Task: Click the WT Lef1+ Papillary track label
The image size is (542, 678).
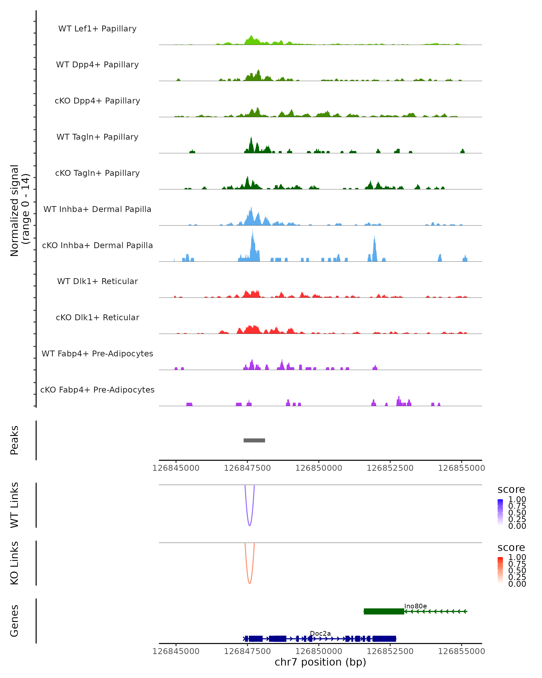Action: pos(97,29)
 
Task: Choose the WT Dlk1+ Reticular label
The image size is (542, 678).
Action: pos(97,281)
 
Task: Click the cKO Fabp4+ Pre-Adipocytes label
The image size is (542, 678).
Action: pos(97,390)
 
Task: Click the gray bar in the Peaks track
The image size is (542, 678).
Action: pos(254,440)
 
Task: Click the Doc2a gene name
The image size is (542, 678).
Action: pos(320,633)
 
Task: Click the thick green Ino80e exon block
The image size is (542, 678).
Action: pos(384,611)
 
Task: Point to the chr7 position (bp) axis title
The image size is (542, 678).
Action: pos(320,662)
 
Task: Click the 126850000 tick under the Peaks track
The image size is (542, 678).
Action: pos(319,468)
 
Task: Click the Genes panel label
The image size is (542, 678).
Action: pos(14,621)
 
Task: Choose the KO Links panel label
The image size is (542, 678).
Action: pos(14,563)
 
